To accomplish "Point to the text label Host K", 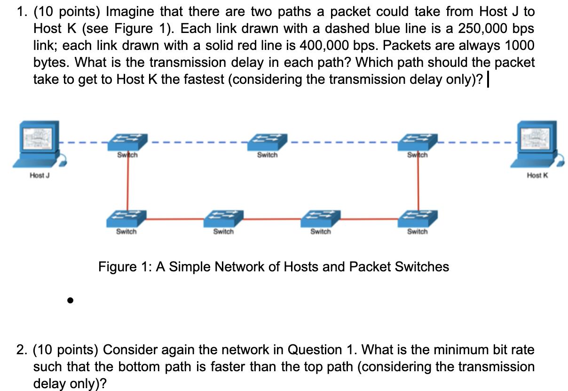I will pyautogui.click(x=537, y=175).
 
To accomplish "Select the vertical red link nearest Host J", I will pyautogui.click(x=127, y=184).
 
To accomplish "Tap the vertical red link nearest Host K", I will pyautogui.click(x=418, y=184).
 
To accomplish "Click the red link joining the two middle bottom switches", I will pyautogui.click(x=272, y=219).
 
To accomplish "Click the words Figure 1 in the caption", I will pyautogui.click(x=124, y=267).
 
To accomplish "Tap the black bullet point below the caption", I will pyautogui.click(x=70, y=300).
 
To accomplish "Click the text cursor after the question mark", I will pyautogui.click(x=490, y=80).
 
